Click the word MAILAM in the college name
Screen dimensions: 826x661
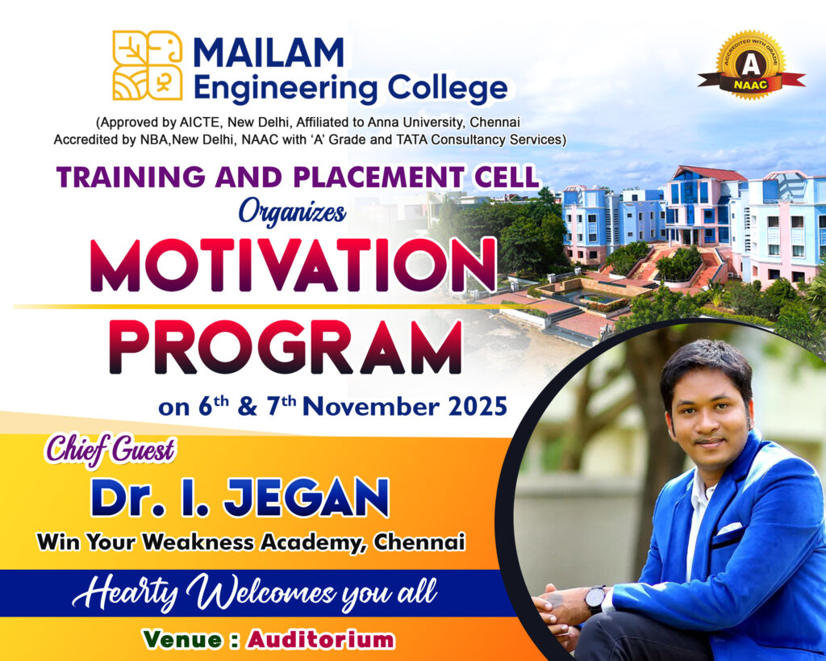[269, 52]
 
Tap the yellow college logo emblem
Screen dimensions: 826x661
[148, 65]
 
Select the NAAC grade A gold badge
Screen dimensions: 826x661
[751, 65]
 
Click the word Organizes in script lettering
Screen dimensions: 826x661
[292, 212]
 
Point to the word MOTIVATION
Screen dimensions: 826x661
[293, 266]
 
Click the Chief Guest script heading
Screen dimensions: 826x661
[110, 450]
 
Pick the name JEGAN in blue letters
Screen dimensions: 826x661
[307, 498]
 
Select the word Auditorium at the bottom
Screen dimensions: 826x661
[321, 639]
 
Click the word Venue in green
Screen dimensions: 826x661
[182, 639]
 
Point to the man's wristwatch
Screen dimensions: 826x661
[595, 600]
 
